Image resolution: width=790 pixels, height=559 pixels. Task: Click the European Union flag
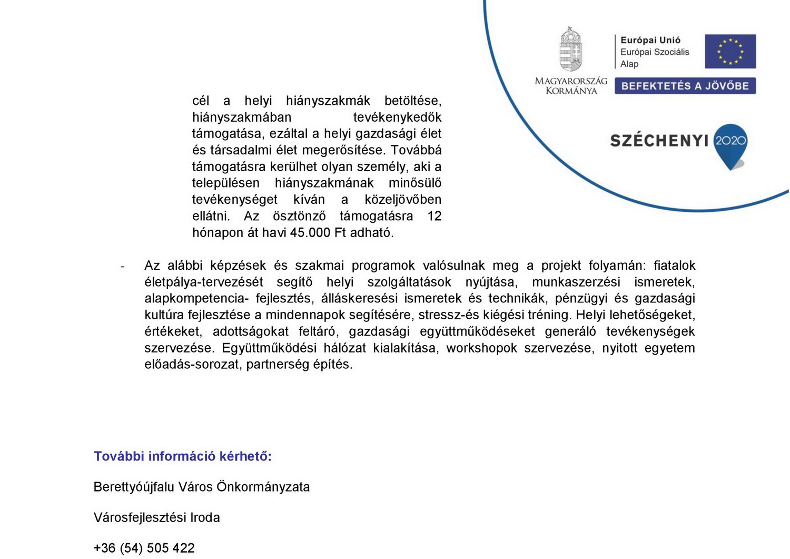(x=730, y=51)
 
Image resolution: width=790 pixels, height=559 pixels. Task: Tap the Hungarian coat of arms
(x=570, y=50)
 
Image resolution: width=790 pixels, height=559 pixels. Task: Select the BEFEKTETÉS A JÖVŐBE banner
(x=685, y=86)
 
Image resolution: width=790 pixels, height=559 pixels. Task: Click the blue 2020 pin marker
(x=730, y=143)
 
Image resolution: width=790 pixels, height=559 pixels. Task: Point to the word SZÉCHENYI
(x=659, y=141)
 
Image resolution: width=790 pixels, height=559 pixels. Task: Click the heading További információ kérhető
(x=182, y=456)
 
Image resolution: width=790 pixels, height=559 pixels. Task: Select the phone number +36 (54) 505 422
(x=144, y=548)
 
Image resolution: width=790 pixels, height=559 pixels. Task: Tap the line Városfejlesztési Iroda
(x=156, y=517)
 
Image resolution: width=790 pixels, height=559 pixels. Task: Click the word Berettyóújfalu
(x=134, y=487)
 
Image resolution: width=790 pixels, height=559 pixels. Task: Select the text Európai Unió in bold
(x=650, y=40)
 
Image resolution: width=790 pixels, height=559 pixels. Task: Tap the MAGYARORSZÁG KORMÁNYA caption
(x=571, y=86)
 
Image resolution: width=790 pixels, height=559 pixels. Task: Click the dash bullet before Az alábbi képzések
(x=123, y=267)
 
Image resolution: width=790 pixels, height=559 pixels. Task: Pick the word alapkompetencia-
(x=196, y=298)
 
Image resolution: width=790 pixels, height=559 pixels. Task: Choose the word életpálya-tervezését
(x=203, y=282)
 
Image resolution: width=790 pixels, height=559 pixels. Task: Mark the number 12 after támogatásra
(x=434, y=216)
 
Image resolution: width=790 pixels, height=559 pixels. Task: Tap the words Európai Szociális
(x=654, y=52)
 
